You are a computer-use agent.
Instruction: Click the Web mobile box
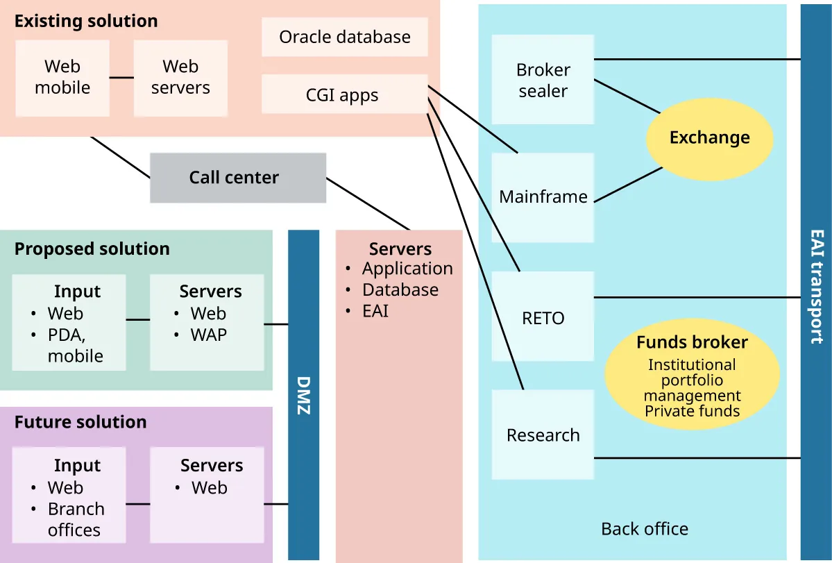62,77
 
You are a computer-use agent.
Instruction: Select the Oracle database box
344,37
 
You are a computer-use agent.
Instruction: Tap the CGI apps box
343,94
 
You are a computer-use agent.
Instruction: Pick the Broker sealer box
543,80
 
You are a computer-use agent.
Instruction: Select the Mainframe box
543,196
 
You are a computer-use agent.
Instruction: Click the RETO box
543,318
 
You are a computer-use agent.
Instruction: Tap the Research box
543,435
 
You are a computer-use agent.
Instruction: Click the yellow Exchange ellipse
709,137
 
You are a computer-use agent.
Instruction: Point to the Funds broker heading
692,342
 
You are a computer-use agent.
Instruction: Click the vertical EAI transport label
817,286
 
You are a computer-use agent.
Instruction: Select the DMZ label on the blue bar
303,396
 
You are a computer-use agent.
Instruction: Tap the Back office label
645,529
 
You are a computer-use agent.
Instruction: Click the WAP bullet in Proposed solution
208,335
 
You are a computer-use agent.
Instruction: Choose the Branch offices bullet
75,519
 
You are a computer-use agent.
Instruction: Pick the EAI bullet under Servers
375,311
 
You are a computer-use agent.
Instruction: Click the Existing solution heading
86,21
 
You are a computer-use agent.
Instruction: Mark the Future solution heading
80,422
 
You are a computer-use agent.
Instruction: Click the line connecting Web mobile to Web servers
121,77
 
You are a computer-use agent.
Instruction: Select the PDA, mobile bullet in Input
75,345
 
